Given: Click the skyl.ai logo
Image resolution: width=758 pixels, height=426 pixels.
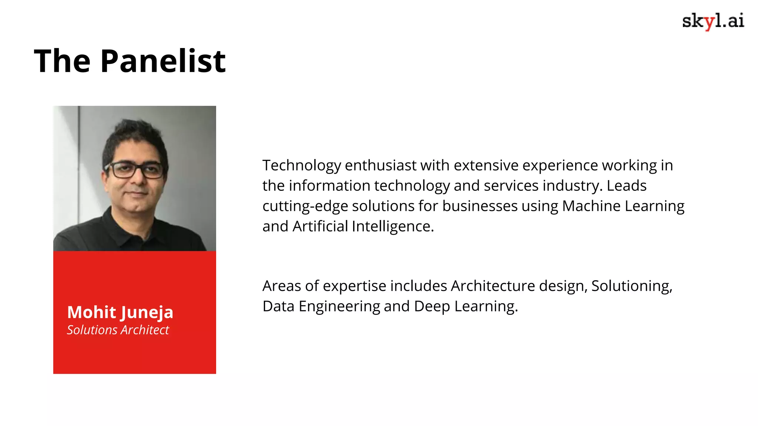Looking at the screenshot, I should pyautogui.click(x=713, y=21).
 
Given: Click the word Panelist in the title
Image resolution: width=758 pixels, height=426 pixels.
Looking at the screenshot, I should pyautogui.click(x=163, y=61).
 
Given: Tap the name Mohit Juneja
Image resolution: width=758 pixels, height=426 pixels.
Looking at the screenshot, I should pyautogui.click(x=120, y=312).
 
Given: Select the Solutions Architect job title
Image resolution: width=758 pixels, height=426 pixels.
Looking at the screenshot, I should pyautogui.click(x=118, y=330).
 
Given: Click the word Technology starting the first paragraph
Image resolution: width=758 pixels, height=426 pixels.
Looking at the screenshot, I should pyautogui.click(x=302, y=165).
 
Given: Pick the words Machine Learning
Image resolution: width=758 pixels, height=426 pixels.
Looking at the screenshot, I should pyautogui.click(x=623, y=206).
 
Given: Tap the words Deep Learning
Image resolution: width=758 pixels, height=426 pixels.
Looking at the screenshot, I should pyautogui.click(x=466, y=306).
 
